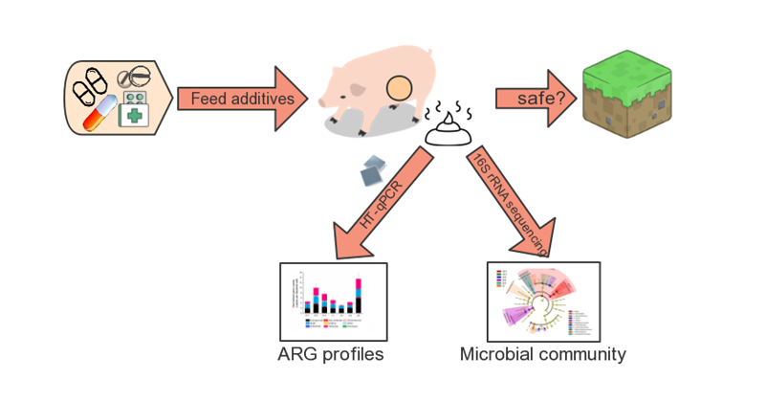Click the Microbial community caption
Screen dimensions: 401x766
pyautogui.click(x=543, y=354)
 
